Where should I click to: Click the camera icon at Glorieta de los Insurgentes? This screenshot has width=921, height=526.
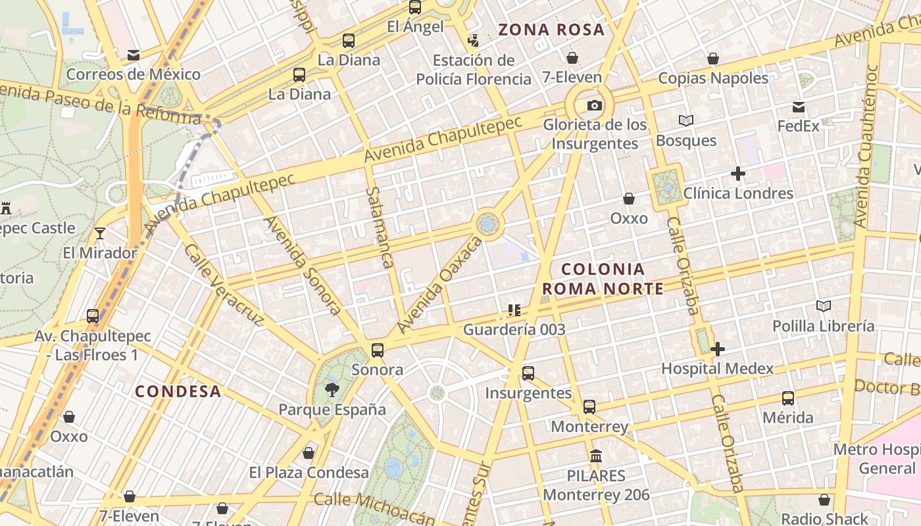[x=594, y=105]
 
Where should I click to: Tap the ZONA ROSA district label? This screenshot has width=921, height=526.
[x=551, y=30]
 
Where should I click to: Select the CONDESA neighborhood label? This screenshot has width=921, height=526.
[x=178, y=392]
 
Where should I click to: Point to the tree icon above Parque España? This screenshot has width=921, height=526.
[x=332, y=390]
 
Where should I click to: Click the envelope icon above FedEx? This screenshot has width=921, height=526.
[x=799, y=107]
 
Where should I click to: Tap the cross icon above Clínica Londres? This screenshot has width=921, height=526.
[x=738, y=174]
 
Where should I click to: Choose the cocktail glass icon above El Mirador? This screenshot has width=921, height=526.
[x=100, y=233]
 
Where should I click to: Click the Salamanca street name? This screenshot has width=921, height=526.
[x=381, y=227]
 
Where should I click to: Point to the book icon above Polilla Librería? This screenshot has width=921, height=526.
[x=823, y=306]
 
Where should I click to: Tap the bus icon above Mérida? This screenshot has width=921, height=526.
[x=787, y=398]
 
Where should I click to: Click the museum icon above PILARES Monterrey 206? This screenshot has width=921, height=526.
[x=596, y=455]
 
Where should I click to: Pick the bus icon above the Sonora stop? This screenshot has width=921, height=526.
[x=377, y=350]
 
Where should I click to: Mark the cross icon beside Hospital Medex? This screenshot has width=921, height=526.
[x=718, y=349]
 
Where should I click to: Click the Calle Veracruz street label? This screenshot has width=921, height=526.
[x=223, y=285]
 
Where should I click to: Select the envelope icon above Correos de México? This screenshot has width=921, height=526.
[x=134, y=55]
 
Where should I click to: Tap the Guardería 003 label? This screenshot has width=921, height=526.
[x=514, y=329]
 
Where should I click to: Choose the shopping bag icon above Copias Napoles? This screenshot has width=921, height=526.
[x=713, y=59]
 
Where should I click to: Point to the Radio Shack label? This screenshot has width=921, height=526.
[x=824, y=518]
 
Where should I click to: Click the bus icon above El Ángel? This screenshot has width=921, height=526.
[x=414, y=7]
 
